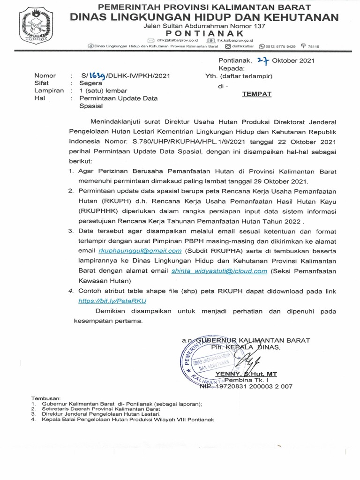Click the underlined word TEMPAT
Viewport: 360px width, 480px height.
(x=256, y=94)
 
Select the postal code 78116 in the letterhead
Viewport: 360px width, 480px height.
(x=312, y=46)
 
